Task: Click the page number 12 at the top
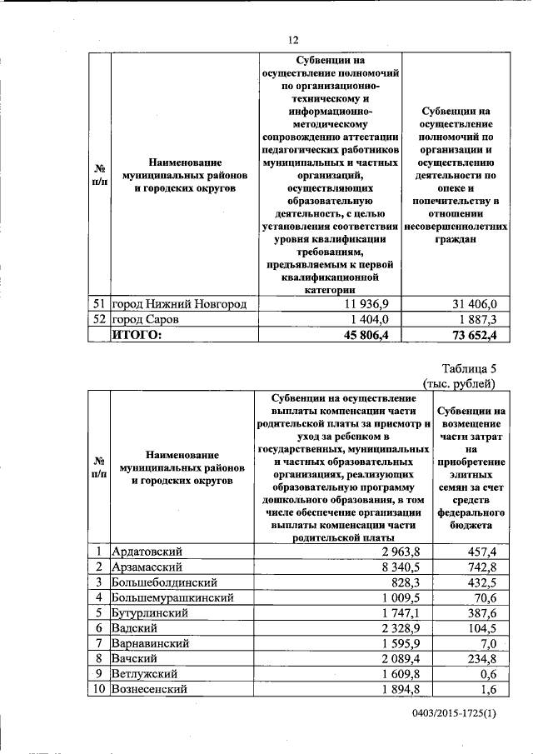point(292,38)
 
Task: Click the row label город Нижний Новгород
point(179,304)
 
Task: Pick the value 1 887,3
point(473,319)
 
